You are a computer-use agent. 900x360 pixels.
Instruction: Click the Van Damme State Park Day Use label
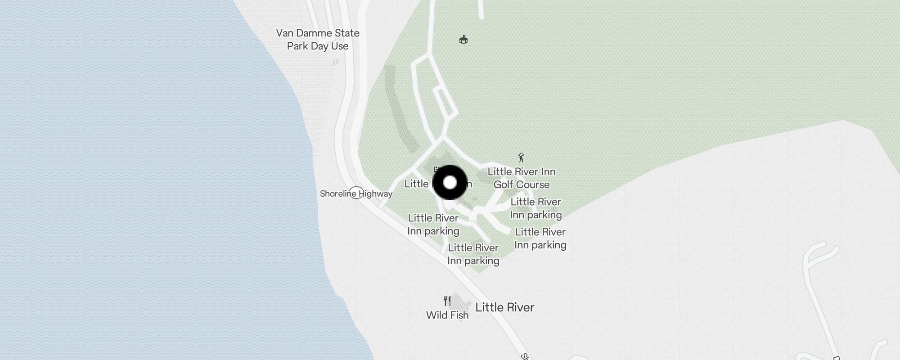(x=318, y=40)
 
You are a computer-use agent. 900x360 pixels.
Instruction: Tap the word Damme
(x=319, y=33)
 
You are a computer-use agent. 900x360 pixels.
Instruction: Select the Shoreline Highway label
(x=356, y=194)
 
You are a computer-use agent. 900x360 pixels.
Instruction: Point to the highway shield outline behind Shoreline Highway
(x=356, y=193)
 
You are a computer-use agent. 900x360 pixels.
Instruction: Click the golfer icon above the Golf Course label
(x=521, y=157)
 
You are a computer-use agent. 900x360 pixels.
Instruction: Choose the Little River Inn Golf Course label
(x=522, y=178)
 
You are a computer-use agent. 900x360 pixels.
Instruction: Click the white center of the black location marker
(x=450, y=182)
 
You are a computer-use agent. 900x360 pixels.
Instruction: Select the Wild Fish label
(x=447, y=315)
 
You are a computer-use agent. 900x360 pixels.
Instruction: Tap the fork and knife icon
(x=447, y=301)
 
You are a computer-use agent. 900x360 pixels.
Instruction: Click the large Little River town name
(x=504, y=307)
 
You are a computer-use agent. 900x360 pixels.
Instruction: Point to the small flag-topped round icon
(x=463, y=40)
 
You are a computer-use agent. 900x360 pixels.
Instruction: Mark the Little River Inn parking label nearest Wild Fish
(x=473, y=254)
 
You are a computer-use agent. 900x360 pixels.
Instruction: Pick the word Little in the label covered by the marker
(x=416, y=184)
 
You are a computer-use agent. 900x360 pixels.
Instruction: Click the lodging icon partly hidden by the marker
(x=436, y=170)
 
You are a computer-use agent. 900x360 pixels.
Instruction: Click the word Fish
(x=459, y=315)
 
